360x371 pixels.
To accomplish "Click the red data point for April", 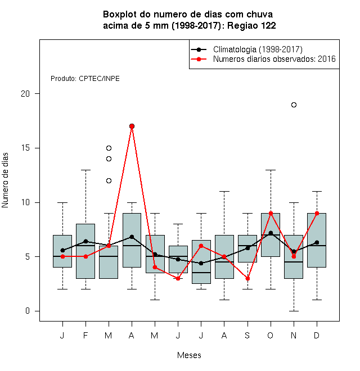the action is (x=132, y=126).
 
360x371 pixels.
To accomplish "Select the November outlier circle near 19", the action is (x=294, y=105).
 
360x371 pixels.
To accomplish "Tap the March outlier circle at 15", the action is (x=109, y=148).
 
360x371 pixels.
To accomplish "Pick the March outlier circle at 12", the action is (x=109, y=181).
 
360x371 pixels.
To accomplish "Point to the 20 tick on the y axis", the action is (x=37, y=94).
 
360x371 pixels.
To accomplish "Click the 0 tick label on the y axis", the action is (x=28, y=311).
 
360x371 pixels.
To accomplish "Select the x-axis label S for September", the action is (x=247, y=335).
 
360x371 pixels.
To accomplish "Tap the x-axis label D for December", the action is (x=317, y=335).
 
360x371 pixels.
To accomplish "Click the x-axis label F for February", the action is (x=85, y=335).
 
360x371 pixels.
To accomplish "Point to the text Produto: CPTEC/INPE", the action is (x=85, y=79).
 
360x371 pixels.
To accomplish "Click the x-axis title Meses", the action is (x=189, y=355).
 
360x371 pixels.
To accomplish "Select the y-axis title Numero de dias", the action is (x=5, y=180).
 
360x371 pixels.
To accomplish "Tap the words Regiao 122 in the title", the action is (x=251, y=25).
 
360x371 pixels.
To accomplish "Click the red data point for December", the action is (x=317, y=214).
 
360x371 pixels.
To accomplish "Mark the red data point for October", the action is (x=271, y=214).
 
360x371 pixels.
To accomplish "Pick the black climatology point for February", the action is (x=85, y=241).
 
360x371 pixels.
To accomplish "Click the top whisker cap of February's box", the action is (x=85, y=170).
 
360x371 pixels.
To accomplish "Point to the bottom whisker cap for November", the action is (x=294, y=311).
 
